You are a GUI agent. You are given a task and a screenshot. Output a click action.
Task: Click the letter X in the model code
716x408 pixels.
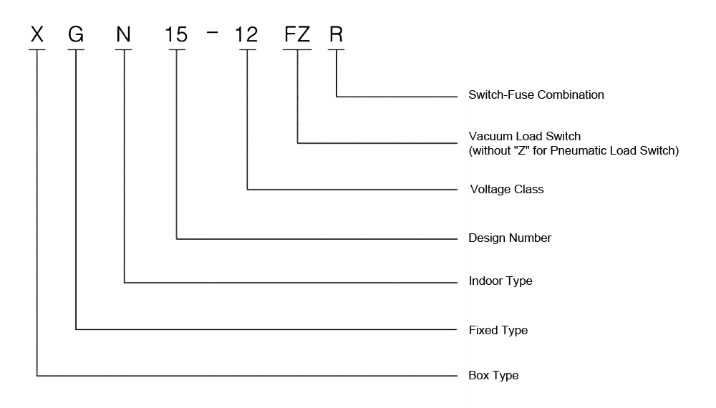[x=37, y=34]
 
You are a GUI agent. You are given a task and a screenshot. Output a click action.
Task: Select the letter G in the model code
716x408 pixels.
[x=76, y=34]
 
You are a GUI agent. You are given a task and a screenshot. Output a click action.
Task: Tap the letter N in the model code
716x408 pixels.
[x=124, y=34]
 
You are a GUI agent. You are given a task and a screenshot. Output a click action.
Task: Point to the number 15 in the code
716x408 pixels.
[x=176, y=34]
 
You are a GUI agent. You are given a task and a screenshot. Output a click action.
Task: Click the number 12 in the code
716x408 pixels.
[x=247, y=34]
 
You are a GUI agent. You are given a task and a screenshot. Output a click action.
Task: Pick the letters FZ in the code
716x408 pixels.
[x=296, y=34]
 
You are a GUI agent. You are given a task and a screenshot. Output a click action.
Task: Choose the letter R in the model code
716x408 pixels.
[x=336, y=34]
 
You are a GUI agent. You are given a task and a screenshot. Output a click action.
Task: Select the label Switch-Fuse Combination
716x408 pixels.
[x=536, y=94]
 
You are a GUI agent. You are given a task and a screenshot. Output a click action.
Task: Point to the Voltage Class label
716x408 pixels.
[x=505, y=190]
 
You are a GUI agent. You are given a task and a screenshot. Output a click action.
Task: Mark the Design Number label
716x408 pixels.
[x=510, y=238]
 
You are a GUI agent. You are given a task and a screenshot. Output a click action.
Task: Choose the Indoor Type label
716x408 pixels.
[x=500, y=281]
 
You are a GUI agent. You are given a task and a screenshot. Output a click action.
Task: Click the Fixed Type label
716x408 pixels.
[x=498, y=330]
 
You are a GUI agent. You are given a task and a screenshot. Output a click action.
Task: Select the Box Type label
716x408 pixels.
[x=493, y=375]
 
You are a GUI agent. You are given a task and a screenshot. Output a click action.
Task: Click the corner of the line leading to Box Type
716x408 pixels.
[x=37, y=375]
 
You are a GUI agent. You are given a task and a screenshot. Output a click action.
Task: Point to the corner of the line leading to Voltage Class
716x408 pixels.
[x=247, y=190]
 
